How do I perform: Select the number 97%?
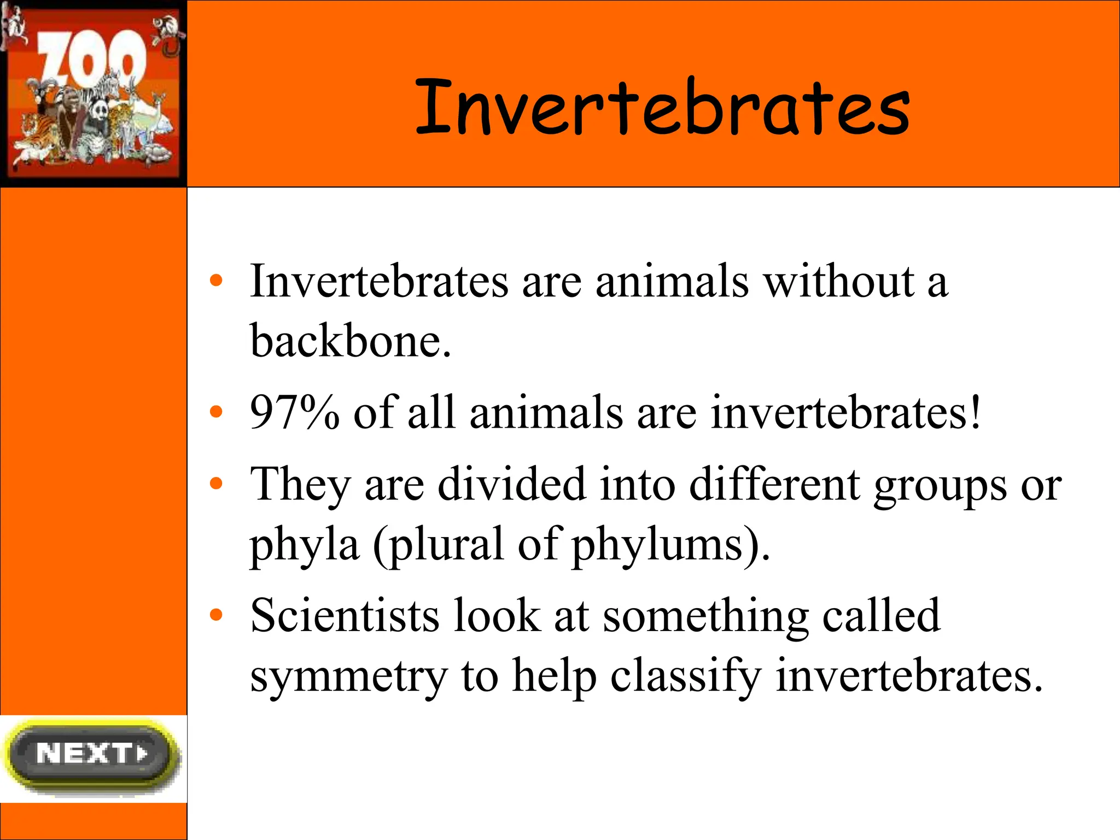294,412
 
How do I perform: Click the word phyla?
304,544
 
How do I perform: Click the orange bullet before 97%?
217,412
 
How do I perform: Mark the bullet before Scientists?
217,615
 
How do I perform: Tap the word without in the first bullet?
838,282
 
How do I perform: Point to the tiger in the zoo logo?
36,131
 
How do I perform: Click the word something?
705,617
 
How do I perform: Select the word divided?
511,484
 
